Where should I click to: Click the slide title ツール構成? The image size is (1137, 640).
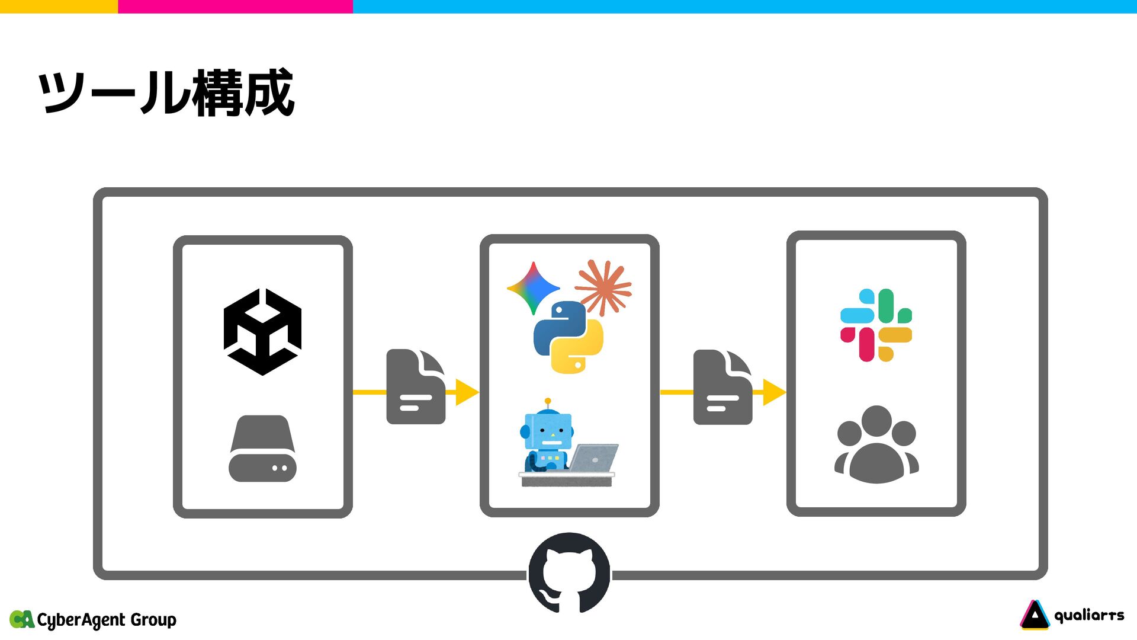(x=166, y=92)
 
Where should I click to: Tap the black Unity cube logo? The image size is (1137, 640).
(x=262, y=332)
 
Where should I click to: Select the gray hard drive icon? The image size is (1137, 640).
(x=262, y=449)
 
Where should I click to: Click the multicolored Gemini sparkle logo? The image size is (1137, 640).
(x=533, y=288)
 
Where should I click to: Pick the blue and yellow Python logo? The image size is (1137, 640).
(x=568, y=337)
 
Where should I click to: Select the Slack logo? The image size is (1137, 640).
(x=876, y=325)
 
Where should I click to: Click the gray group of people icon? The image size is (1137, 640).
(x=876, y=444)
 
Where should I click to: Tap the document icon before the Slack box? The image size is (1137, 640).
(x=722, y=387)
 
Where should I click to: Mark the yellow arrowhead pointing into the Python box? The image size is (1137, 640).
(x=467, y=392)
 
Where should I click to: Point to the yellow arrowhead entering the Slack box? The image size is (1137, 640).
(x=773, y=392)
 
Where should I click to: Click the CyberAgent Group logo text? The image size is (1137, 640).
(x=107, y=620)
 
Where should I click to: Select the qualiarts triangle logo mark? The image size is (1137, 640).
(x=1035, y=615)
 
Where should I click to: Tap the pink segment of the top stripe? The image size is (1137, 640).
(x=235, y=7)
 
